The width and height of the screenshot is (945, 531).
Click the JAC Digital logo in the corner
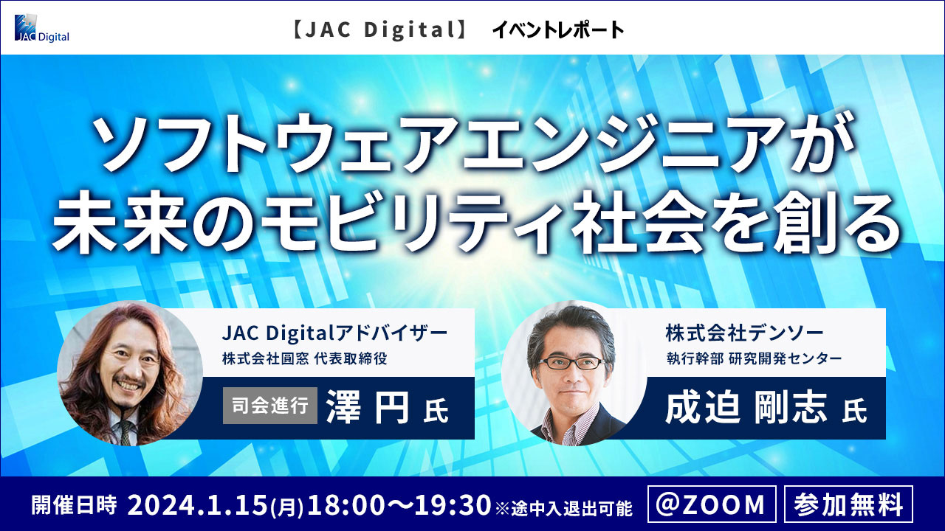click(x=42, y=28)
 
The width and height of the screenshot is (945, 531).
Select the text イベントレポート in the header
click(x=557, y=30)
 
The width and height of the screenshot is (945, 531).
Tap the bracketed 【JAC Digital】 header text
click(x=379, y=30)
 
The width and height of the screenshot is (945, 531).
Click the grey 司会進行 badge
click(x=270, y=406)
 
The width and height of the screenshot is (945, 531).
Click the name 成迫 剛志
click(x=746, y=408)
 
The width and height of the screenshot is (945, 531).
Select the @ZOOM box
click(x=712, y=504)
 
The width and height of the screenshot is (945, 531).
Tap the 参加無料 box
click(x=848, y=504)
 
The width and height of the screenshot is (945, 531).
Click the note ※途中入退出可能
click(x=564, y=508)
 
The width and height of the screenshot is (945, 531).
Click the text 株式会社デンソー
click(x=745, y=333)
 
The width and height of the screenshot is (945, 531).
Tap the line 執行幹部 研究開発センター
click(x=754, y=358)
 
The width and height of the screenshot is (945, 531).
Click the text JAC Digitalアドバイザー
click(x=334, y=333)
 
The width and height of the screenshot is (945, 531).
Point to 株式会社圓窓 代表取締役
click(x=305, y=358)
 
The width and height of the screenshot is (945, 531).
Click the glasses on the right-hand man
click(x=572, y=362)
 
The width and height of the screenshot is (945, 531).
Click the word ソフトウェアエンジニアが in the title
click(x=472, y=142)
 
